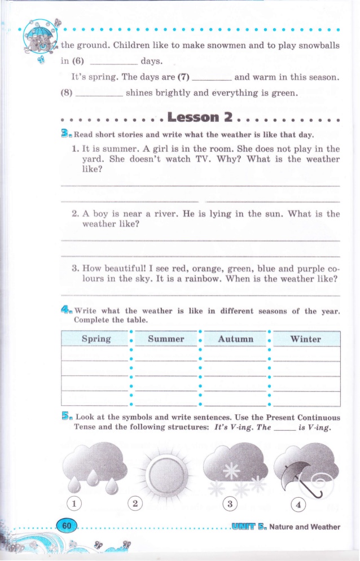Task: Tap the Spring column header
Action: (x=96, y=339)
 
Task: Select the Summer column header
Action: (x=166, y=339)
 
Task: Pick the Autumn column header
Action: (x=235, y=339)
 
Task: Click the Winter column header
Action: (x=305, y=339)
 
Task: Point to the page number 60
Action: (x=67, y=525)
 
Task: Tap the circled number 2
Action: (x=135, y=502)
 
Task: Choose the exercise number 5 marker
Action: (x=66, y=417)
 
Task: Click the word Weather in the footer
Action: (x=324, y=527)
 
